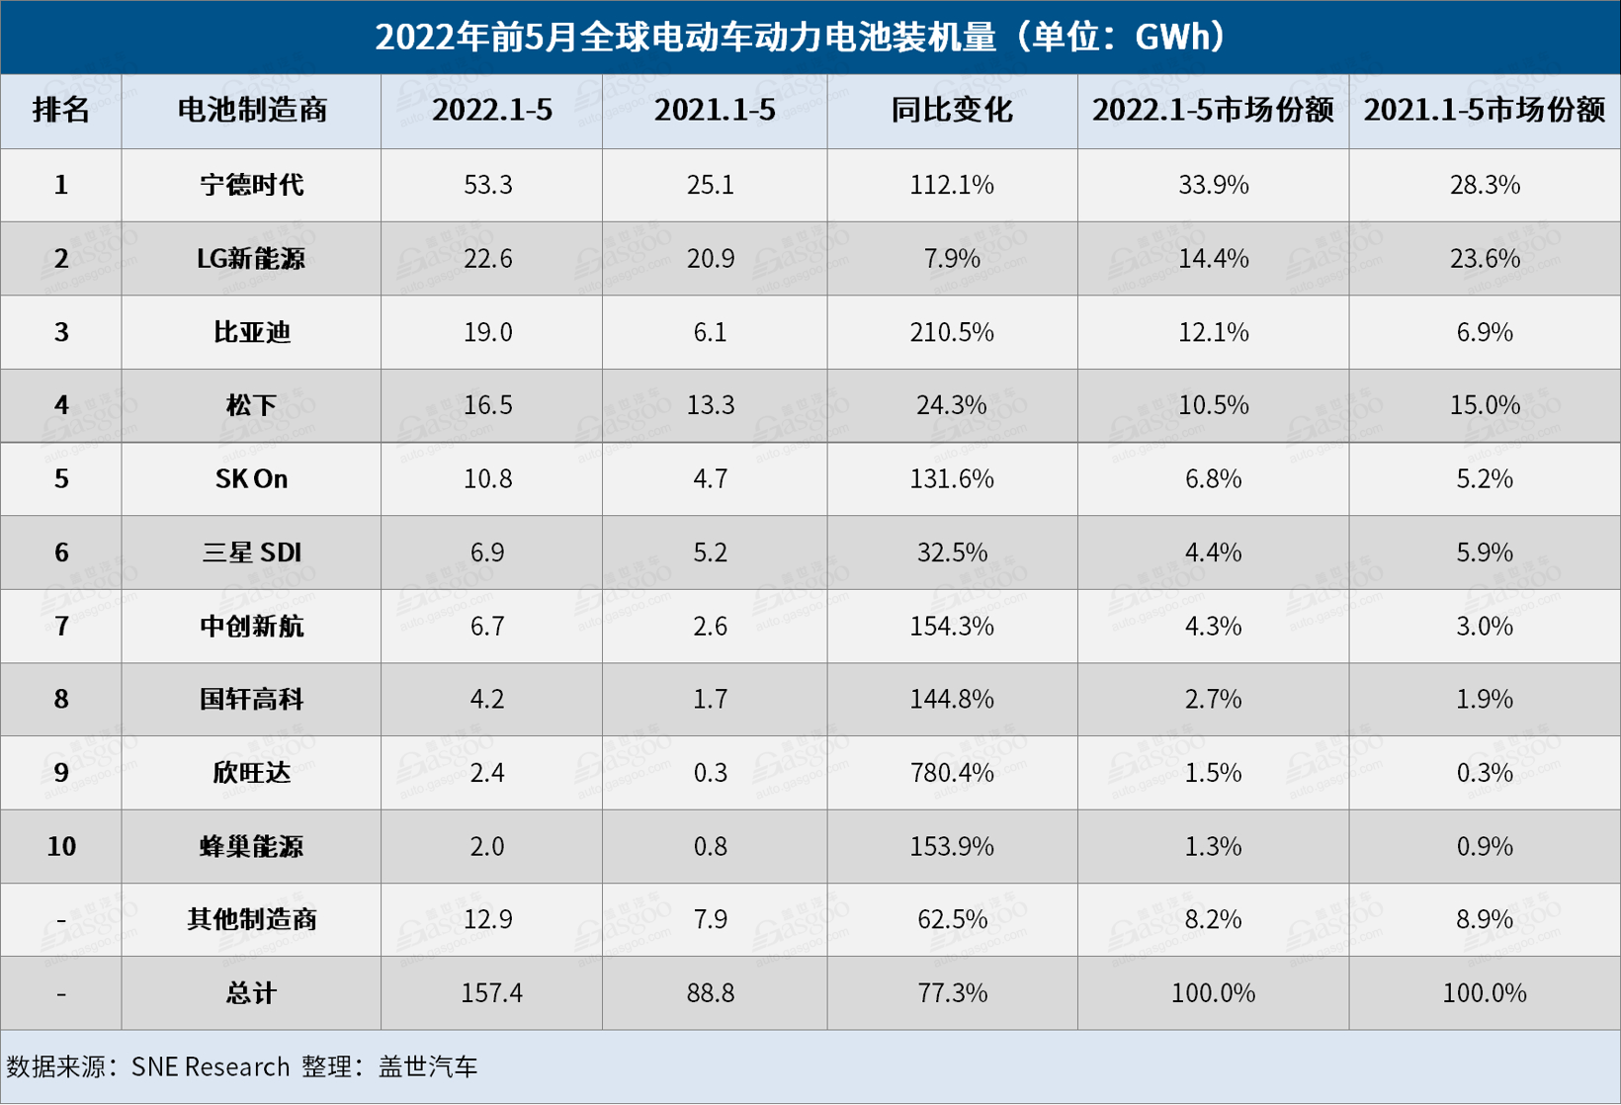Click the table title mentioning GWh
802,38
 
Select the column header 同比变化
952,110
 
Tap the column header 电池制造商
251,110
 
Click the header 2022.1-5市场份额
1213,110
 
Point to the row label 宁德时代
251,185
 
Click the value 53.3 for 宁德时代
488,185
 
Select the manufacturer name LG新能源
251,259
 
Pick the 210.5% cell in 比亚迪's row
952,332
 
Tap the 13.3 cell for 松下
711,405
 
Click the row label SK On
251,479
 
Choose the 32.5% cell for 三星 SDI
952,552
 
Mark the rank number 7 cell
61,627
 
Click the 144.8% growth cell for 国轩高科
952,700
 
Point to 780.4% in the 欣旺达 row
952,773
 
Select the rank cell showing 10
61,847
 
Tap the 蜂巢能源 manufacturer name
251,847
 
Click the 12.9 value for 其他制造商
488,920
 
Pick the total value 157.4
491,993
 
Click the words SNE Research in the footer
211,1067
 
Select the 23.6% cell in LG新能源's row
1485,259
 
